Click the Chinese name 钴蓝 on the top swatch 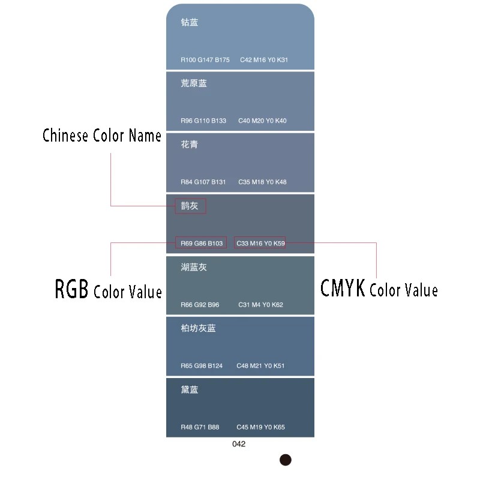(190, 22)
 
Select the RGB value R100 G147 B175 (205, 60)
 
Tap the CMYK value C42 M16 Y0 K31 (264, 60)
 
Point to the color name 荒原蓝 (194, 83)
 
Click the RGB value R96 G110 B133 (203, 121)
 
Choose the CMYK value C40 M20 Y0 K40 (262, 121)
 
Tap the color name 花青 (190, 145)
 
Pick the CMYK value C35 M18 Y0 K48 (262, 182)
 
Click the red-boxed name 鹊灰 (190, 206)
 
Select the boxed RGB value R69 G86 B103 (201, 243)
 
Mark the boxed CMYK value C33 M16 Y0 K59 (260, 243)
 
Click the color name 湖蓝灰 (194, 267)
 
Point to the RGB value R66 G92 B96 (200, 305)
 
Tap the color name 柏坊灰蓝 (198, 328)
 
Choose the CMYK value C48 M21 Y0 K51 (260, 366)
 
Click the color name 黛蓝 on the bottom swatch (190, 390)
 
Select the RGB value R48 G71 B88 (200, 427)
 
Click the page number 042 (239, 445)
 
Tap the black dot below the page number (286, 460)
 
